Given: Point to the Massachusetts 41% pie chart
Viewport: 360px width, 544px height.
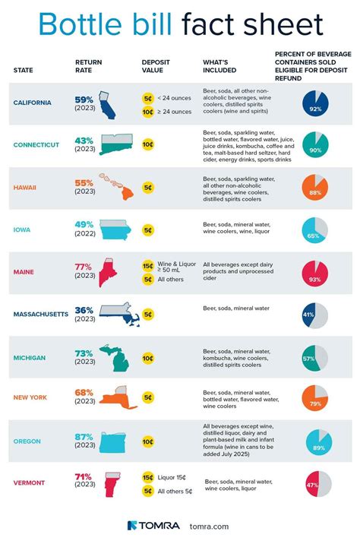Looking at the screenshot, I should coord(314,315).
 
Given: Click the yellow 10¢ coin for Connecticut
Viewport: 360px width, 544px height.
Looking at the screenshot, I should coord(148,144).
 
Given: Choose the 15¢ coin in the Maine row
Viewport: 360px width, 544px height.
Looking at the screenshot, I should coord(148,266).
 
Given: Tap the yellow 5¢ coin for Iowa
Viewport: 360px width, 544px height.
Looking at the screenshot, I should coord(148,229).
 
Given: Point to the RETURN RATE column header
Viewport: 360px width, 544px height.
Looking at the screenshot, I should coord(88,66).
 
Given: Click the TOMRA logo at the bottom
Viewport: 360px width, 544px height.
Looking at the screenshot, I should coord(153,525).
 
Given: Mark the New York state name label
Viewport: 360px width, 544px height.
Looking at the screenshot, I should coord(36,398).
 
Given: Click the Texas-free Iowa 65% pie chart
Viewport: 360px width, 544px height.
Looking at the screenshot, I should coord(314,229).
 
